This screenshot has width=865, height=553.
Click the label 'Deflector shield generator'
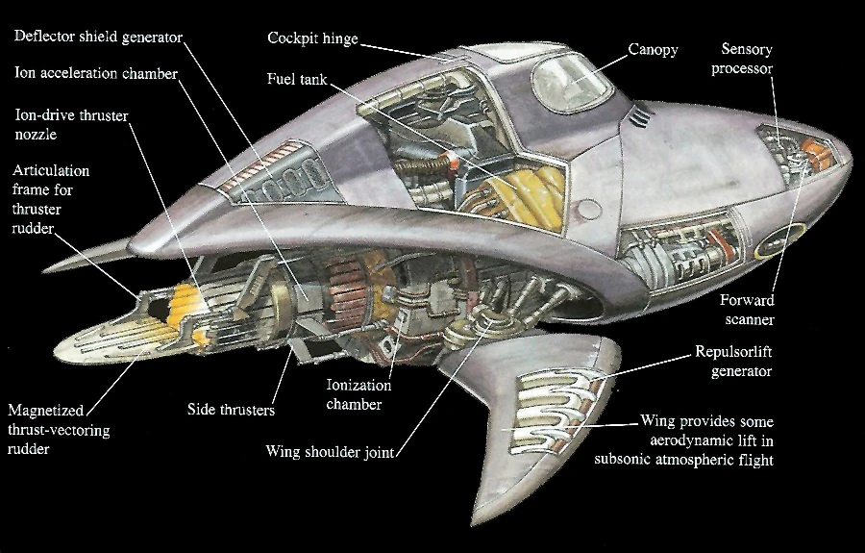[x=97, y=37]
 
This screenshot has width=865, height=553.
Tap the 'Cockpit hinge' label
[x=312, y=38]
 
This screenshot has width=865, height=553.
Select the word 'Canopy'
[x=653, y=48]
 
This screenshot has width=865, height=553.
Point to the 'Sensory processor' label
[x=748, y=58]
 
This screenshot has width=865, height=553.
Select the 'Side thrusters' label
[x=231, y=410]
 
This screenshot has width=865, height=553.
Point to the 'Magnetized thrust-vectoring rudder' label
[x=59, y=430]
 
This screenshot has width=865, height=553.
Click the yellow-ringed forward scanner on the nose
[x=768, y=247]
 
